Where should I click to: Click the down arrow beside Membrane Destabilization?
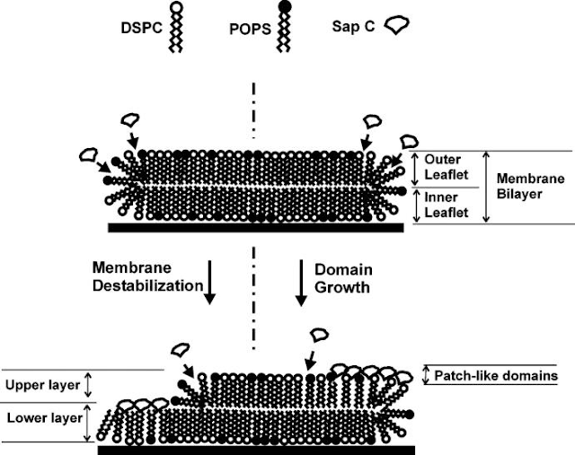pos(211,278)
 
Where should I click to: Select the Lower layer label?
pos(40,418)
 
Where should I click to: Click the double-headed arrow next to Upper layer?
pos(88,385)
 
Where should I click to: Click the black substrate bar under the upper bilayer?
pos(254,229)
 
